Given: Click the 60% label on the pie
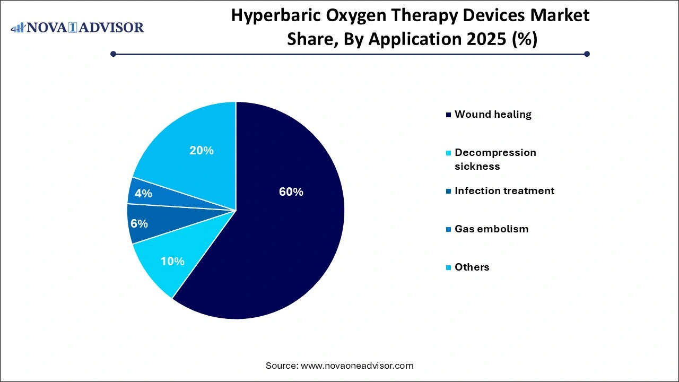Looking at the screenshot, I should point(291,192).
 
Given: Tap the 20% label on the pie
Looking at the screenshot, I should point(202,151).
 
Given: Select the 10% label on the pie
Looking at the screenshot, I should point(172,261).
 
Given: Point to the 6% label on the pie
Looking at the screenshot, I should point(139,224).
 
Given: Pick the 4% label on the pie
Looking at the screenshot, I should point(143,194).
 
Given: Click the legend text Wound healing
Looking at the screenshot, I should point(493,114).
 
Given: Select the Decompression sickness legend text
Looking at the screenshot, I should point(495,159).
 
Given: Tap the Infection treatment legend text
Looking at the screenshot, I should point(504,190).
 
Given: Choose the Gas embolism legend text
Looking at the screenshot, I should point(491,229).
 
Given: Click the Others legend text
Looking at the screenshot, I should point(472,267).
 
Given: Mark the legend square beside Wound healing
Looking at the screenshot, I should point(449,115).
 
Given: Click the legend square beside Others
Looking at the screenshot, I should point(449,267).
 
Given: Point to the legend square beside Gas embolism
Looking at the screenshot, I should point(449,229).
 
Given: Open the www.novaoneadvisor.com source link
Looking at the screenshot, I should point(357,366).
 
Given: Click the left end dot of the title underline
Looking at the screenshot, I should point(113,54).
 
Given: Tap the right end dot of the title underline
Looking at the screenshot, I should point(587,54).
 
